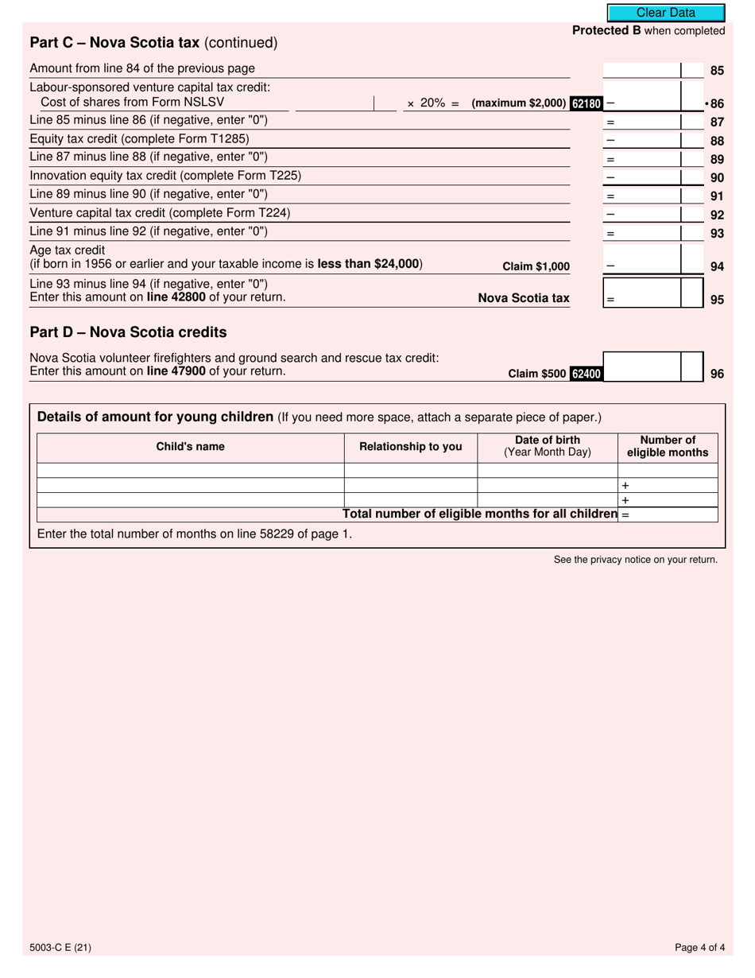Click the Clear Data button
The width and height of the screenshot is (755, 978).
(x=666, y=13)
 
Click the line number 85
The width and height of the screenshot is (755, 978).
(x=717, y=70)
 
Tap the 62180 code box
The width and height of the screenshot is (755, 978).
(x=587, y=103)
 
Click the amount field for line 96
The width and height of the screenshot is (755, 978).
(x=642, y=367)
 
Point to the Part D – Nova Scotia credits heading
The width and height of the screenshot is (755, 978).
(x=128, y=332)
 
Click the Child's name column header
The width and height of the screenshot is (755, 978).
(x=190, y=447)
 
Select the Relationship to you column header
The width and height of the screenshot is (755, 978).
(x=410, y=447)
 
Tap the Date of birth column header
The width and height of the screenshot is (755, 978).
(x=547, y=446)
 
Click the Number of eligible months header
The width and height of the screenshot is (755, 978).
(x=668, y=446)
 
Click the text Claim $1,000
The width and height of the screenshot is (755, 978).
(x=536, y=267)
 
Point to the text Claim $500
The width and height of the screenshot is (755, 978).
(x=537, y=373)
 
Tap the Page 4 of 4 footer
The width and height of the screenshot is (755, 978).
(x=699, y=947)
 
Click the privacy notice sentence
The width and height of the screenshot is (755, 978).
(x=635, y=560)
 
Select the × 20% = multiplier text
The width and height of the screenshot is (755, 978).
(x=433, y=103)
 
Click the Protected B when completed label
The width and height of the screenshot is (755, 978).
(x=649, y=30)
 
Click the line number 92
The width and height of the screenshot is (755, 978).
(x=717, y=214)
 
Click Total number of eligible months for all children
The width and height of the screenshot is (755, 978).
(x=480, y=514)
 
